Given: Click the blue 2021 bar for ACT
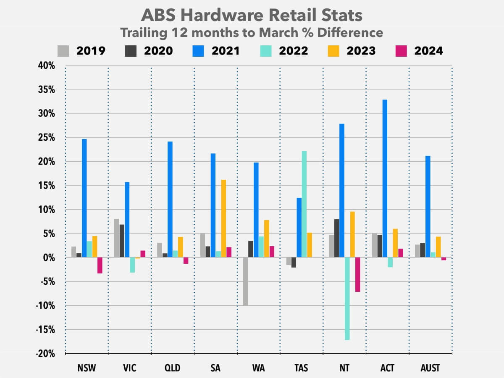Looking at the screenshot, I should point(385,178).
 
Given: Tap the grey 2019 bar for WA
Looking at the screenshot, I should point(245,281).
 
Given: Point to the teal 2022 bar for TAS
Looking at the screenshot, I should point(304,204).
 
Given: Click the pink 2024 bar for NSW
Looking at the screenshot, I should point(100,265).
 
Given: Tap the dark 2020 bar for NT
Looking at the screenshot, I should point(337,238).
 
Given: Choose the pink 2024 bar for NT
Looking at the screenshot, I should point(357,275).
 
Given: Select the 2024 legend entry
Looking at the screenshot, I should point(419,51).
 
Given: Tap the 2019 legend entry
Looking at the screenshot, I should point(81,51).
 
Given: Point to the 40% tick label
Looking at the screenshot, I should point(46,66).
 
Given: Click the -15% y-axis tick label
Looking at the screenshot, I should point(45,330).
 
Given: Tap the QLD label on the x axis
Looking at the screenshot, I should point(172,368).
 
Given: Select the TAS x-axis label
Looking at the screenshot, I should point(301,368).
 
